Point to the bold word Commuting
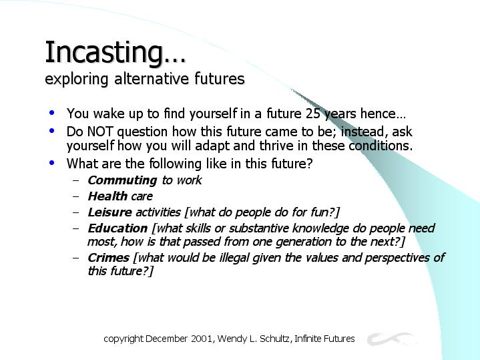(122, 180)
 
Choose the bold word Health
(107, 196)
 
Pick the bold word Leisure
(109, 212)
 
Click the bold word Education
(117, 228)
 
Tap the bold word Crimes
(108, 258)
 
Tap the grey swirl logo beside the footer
(391, 339)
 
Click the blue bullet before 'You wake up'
(51, 113)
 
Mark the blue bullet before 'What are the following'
(51, 163)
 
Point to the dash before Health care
(75, 196)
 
